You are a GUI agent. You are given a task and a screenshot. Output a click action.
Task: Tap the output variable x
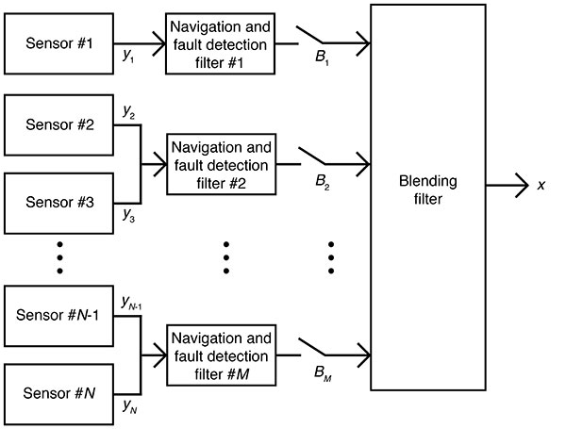[541, 185]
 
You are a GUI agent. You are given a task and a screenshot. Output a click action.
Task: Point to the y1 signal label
[127, 58]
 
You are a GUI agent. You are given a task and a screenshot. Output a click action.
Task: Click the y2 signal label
[128, 112]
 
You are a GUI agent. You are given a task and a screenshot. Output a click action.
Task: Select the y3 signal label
[128, 216]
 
